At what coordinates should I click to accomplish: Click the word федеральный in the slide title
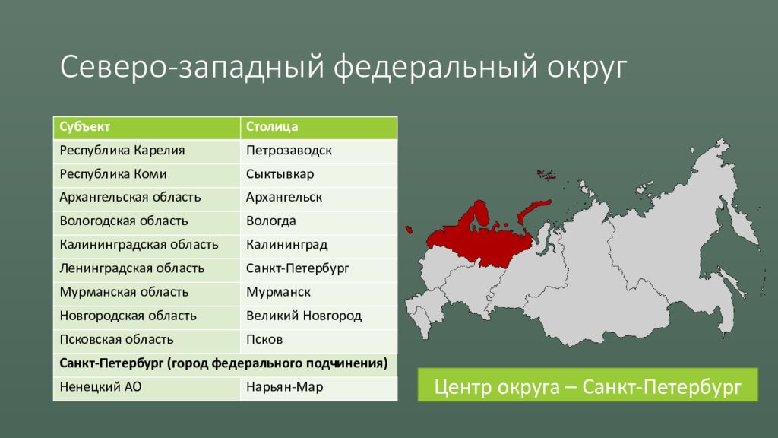coord(435,67)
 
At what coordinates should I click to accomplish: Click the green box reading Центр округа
coord(587,385)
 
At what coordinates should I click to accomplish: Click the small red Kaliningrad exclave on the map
coord(409,230)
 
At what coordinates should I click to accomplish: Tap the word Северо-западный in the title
coord(192,67)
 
